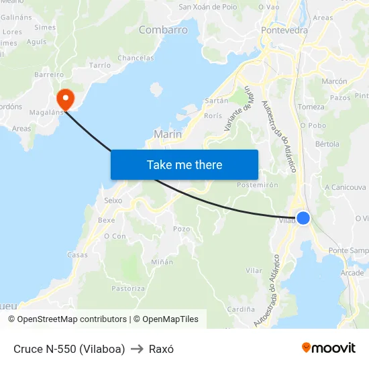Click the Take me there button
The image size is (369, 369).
pos(184,164)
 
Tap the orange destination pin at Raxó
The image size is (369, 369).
pos(65,100)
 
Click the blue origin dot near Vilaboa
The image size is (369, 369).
pos(303,218)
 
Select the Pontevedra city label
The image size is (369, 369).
pos(284,30)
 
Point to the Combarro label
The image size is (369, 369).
pos(163,30)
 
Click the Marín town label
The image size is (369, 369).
pos(168,134)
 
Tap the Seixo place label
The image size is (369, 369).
pos(113,200)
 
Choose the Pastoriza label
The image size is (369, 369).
pos(128,288)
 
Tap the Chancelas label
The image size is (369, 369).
pos(136,58)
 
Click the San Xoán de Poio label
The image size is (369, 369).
pos(208,7)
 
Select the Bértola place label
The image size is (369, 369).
pos(327,144)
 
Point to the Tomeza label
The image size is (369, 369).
pos(311,107)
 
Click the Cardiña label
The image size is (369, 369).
pos(241,309)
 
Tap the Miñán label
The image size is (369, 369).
pos(162,262)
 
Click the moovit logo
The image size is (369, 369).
pos(328,348)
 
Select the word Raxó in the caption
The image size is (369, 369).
pos(161,349)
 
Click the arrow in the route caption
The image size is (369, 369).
pos(137,349)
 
